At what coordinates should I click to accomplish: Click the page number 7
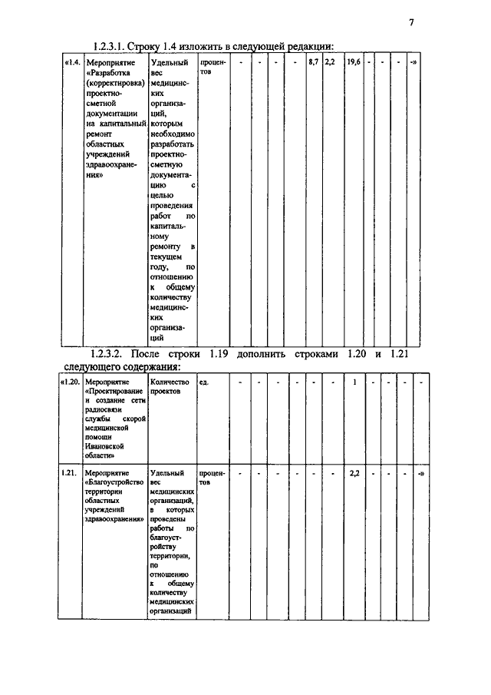[411, 23]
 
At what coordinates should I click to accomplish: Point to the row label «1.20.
[70, 382]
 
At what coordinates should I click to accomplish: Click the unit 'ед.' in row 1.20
[204, 382]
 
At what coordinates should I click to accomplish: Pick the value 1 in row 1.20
[354, 382]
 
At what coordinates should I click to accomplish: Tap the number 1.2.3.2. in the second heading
[107, 354]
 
